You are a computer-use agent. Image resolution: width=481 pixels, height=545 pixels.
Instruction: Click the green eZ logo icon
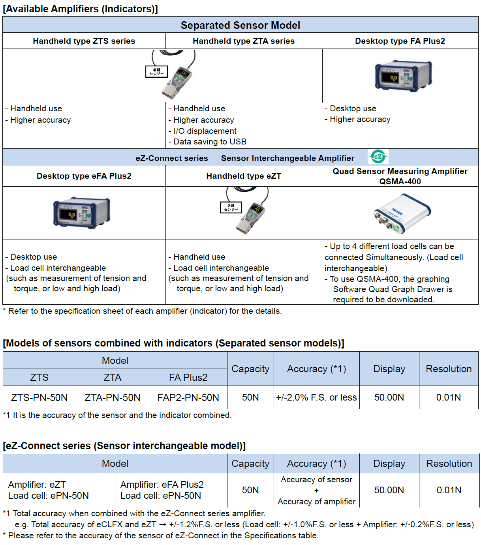click(x=378, y=157)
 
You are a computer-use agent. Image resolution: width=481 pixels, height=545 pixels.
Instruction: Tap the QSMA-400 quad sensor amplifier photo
click(x=402, y=214)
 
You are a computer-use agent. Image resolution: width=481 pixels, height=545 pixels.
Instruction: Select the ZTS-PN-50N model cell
click(x=39, y=397)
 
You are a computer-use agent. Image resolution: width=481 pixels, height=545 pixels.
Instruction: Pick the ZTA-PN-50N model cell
click(x=113, y=397)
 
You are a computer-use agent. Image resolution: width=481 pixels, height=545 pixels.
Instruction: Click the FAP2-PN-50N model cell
click(x=188, y=397)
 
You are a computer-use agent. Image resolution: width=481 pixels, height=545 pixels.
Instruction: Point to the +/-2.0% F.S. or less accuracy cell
click(x=316, y=397)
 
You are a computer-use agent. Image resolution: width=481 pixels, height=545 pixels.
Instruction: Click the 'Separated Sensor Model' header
click(x=240, y=25)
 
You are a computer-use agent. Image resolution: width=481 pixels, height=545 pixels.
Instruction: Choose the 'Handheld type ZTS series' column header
click(x=84, y=41)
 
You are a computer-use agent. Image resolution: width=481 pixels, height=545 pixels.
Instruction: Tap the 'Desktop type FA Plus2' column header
click(x=400, y=41)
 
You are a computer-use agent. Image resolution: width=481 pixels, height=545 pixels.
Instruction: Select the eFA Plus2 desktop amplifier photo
click(x=81, y=212)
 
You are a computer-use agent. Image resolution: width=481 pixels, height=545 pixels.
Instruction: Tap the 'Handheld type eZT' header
click(x=244, y=176)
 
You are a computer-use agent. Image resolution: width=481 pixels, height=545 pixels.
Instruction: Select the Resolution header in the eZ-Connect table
click(x=449, y=464)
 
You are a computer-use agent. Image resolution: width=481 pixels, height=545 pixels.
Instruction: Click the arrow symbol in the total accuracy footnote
click(x=163, y=525)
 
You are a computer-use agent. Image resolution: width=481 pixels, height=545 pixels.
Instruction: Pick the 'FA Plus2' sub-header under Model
click(x=188, y=378)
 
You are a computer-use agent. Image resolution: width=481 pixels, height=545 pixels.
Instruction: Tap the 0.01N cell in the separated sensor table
click(x=448, y=397)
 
